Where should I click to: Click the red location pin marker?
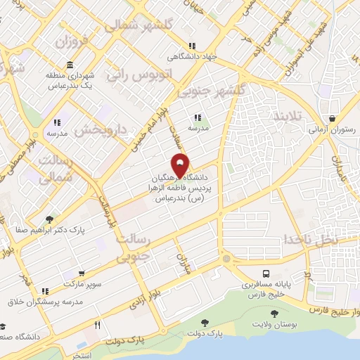point(181,165)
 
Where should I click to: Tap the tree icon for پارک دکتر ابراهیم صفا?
point(49,219)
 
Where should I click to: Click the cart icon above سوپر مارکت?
point(82,274)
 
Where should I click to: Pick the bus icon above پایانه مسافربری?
point(266,274)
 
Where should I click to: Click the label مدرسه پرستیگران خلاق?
point(46,302)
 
